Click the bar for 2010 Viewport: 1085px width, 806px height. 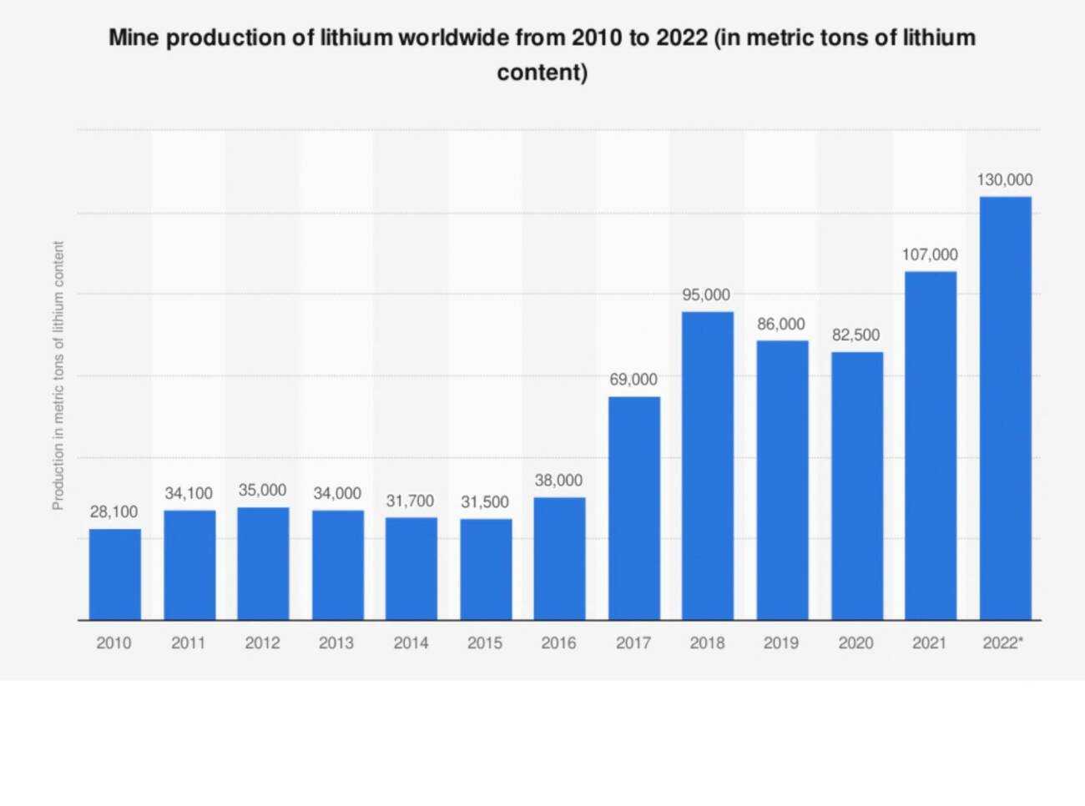[x=114, y=574]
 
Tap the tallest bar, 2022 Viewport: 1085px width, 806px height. [x=1005, y=408]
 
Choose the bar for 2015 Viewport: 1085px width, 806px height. [x=486, y=569]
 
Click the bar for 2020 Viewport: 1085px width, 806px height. [x=856, y=486]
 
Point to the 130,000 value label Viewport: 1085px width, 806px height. [x=1005, y=179]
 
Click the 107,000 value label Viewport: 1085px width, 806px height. [x=930, y=254]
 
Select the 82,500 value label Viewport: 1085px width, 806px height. [x=855, y=335]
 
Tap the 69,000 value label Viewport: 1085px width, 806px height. [x=633, y=379]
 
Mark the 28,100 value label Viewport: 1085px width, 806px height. [x=114, y=511]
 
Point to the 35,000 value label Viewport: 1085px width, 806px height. [x=262, y=490]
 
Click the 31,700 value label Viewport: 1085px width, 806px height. [x=410, y=501]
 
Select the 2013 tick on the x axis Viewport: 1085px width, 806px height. [x=336, y=642]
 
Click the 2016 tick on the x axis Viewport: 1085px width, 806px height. [x=558, y=642]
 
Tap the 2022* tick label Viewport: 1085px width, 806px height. [x=1002, y=642]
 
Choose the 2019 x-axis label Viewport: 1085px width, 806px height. [x=781, y=642]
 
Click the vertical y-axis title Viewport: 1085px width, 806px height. [x=58, y=375]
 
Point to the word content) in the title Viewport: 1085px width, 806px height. [x=542, y=73]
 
